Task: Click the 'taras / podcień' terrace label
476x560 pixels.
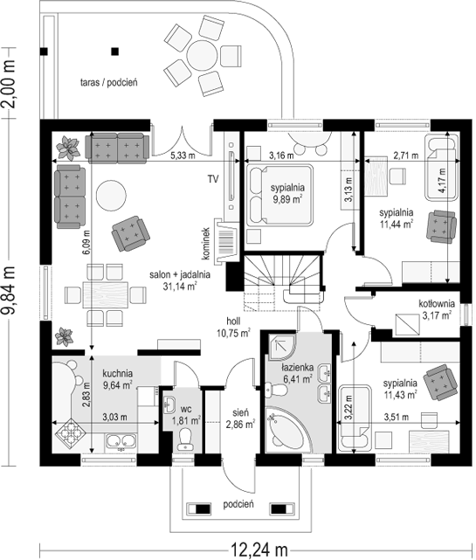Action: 109,82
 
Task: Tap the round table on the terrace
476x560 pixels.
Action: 203,56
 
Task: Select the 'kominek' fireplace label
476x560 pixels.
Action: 205,244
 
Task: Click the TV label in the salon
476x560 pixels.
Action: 213,179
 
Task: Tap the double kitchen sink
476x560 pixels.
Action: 121,442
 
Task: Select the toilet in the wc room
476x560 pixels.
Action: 186,439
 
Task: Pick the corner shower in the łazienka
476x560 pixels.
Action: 282,347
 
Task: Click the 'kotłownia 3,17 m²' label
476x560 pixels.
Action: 437,309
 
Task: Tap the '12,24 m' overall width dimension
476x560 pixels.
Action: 259,549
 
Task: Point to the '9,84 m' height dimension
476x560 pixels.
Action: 9,290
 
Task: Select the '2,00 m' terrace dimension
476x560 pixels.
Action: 9,83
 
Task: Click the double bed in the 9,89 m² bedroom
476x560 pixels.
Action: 279,195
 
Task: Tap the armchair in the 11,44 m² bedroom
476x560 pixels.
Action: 441,227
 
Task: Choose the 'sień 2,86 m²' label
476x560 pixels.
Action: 240,418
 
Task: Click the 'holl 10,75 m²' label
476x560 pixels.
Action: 233,327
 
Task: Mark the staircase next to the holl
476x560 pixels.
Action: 284,277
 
